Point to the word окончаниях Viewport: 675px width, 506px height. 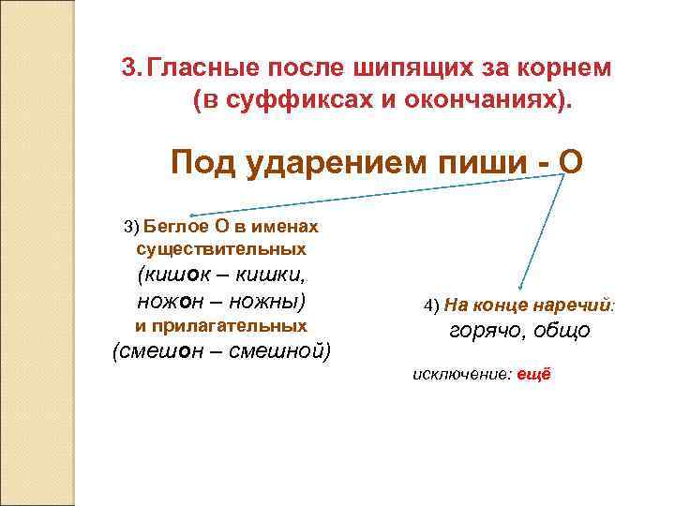(490, 99)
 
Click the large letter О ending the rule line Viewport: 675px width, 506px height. (569, 164)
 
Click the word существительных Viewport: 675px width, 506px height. (221, 249)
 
